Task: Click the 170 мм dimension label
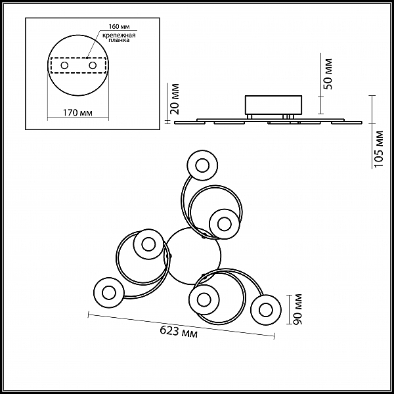tap(77, 113)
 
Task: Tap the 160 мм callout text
tap(119, 27)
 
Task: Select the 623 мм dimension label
tap(179, 332)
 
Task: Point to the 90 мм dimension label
tap(298, 309)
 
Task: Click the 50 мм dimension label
tap(328, 74)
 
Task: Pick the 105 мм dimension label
tap(378, 149)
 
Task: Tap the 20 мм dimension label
tap(175, 99)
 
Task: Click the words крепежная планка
tap(119, 37)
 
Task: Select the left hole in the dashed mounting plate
tap(64, 66)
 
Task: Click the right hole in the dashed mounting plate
tap(93, 66)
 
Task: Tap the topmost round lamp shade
tap(202, 165)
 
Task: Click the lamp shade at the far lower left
tap(109, 293)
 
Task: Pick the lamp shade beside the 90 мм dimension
tap(265, 310)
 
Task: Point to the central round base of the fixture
tap(193, 256)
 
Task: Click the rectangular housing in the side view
tap(273, 105)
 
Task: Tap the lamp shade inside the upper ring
tap(224, 224)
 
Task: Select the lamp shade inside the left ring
tap(148, 244)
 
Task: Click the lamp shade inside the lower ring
tap(204, 299)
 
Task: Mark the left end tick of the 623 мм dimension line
tap(89, 315)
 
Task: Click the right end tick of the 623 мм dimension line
tap(274, 336)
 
